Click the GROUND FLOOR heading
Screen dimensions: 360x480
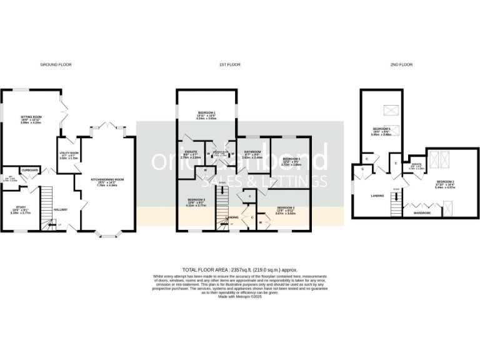click(54, 64)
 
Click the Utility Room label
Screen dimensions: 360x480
click(69, 152)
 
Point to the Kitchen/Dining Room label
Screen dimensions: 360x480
click(107, 179)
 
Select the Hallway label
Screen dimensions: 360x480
click(61, 209)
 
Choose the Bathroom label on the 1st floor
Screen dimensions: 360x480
click(252, 152)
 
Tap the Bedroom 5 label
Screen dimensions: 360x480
click(291, 159)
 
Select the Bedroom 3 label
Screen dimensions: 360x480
click(196, 201)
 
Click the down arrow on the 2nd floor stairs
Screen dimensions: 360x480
click(396, 189)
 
